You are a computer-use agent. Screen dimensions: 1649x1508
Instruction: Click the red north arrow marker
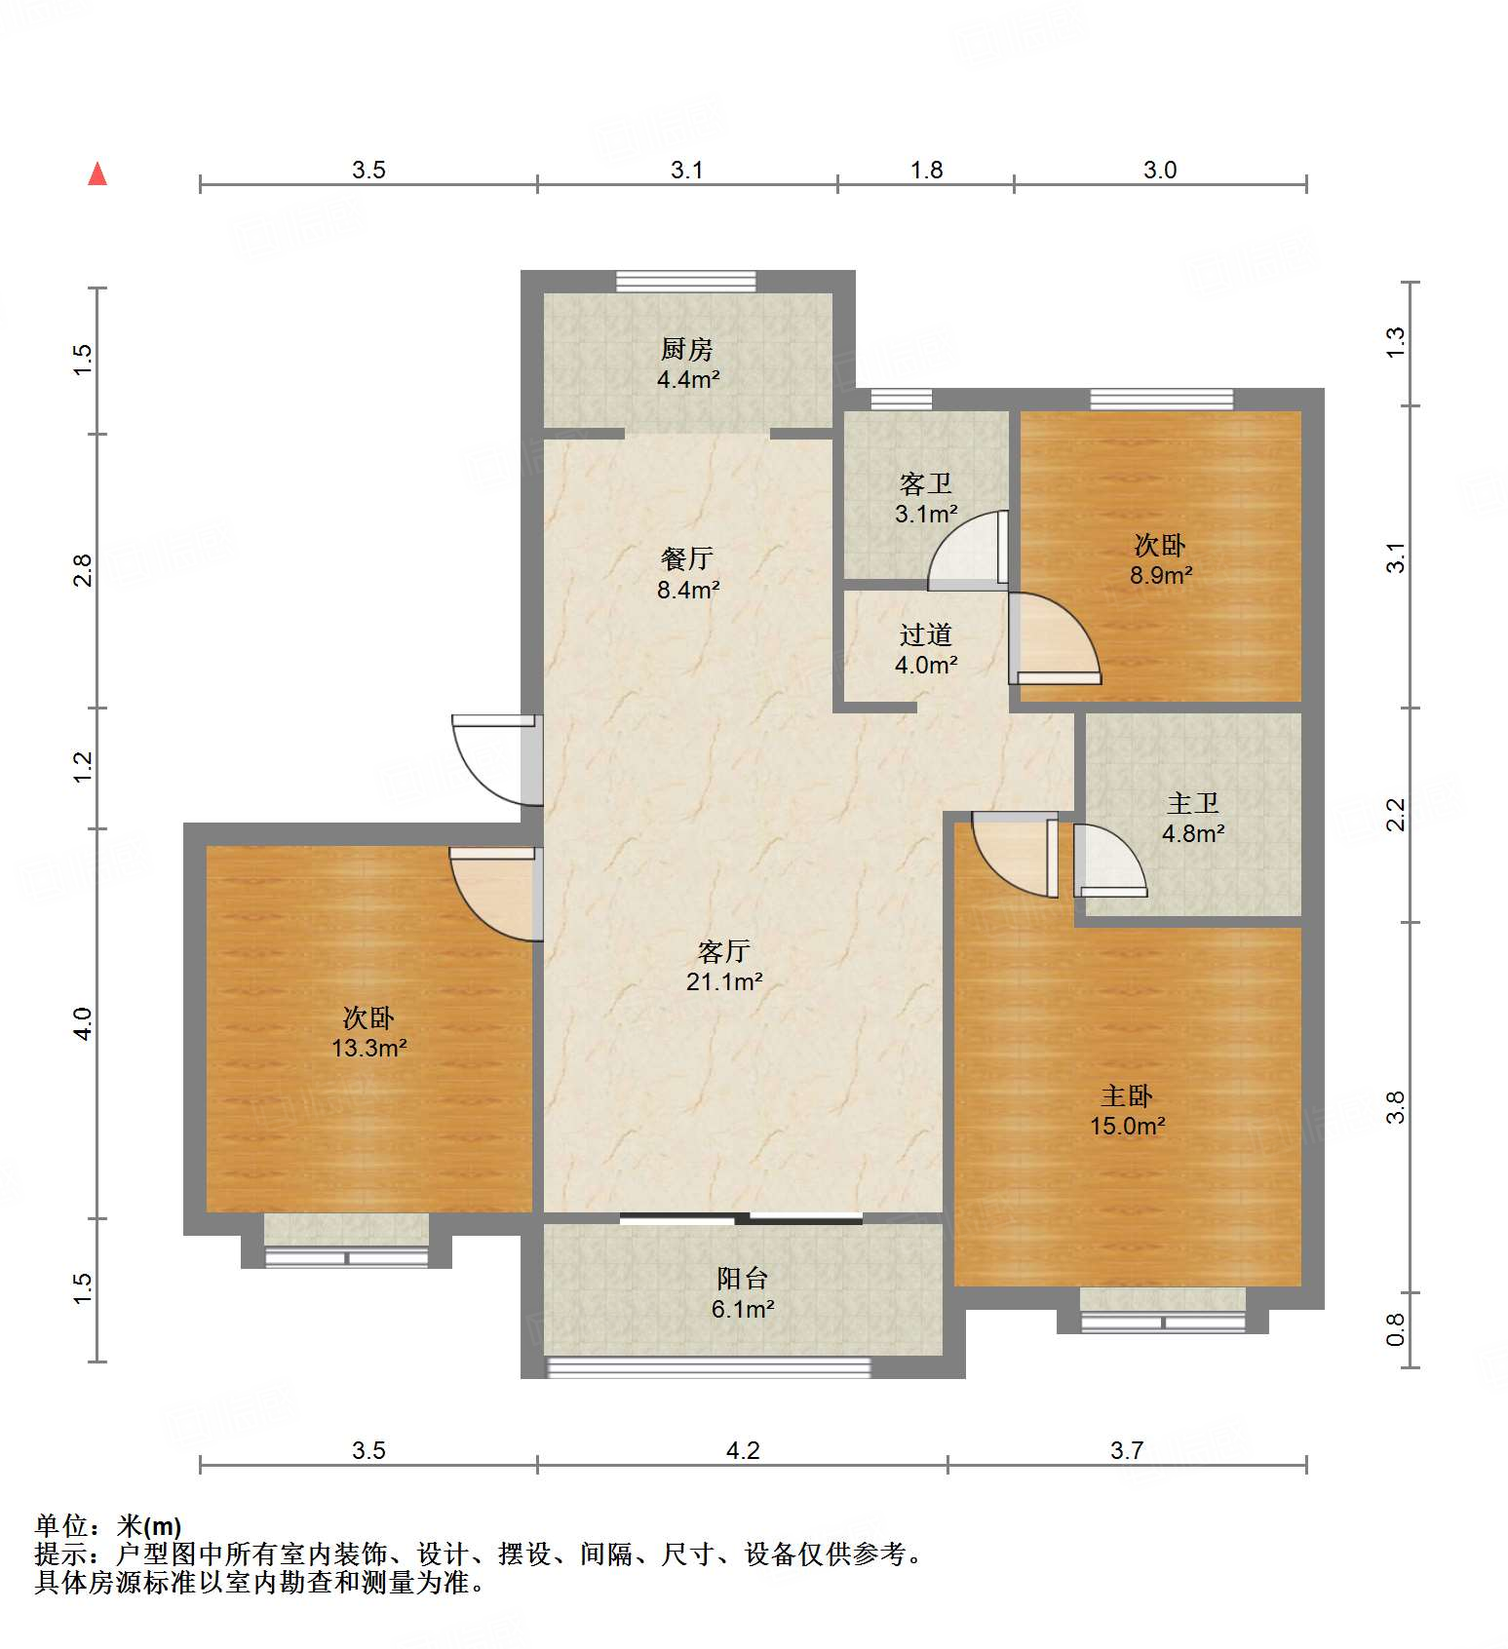97,174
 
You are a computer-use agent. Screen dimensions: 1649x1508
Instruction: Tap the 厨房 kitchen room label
687,349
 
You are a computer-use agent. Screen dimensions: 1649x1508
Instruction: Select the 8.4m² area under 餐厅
688,590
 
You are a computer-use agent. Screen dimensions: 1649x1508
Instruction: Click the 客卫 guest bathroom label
925,483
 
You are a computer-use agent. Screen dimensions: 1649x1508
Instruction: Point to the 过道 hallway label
925,635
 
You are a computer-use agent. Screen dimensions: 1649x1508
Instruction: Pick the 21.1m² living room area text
723,982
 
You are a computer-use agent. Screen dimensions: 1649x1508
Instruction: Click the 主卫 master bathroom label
1193,804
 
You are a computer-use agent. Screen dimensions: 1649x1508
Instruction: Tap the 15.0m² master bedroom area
1127,1127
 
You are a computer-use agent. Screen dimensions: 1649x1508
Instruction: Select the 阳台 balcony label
743,1279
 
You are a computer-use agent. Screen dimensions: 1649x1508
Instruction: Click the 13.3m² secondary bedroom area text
368,1049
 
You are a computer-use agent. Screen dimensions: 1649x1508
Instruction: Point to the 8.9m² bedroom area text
1160,576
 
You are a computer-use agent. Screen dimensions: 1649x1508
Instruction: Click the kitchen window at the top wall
686,282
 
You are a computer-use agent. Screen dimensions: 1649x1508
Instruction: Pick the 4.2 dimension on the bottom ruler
742,1451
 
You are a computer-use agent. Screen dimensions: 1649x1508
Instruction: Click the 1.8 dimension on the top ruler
926,171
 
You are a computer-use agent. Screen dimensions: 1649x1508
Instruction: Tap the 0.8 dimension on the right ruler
1396,1329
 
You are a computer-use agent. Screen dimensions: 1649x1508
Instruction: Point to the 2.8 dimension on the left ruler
83,570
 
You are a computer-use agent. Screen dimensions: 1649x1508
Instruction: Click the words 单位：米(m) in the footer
108,1526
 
